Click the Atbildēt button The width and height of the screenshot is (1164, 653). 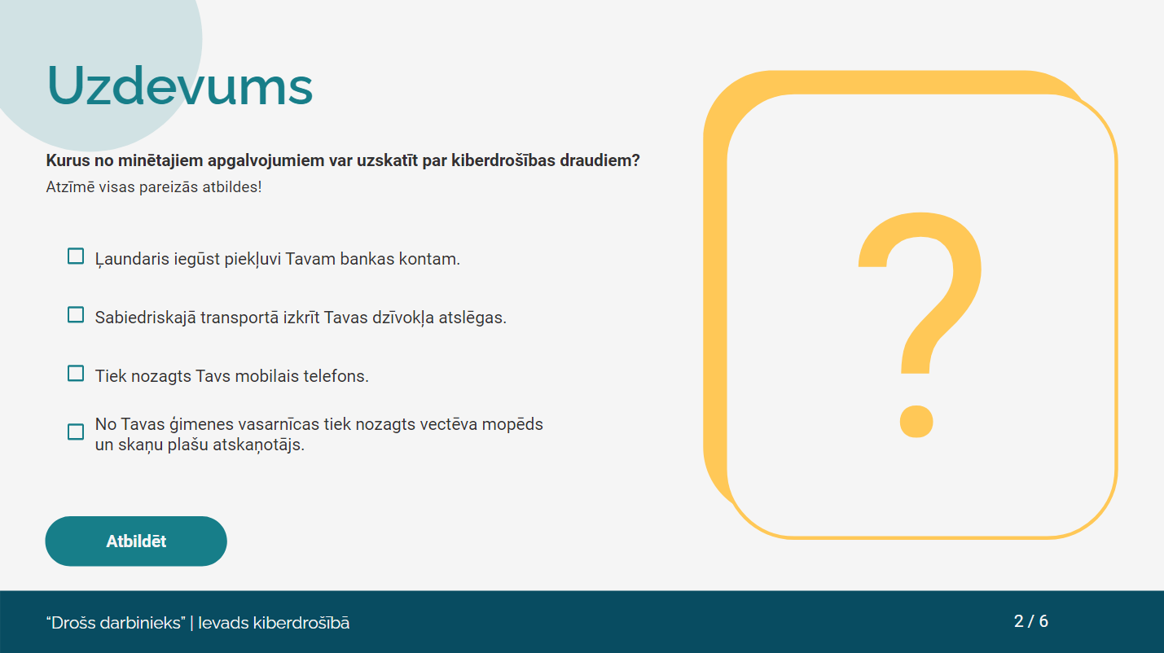tap(136, 541)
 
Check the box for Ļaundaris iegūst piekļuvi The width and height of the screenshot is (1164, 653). tap(76, 256)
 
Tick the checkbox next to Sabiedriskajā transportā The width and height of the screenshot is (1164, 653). tap(76, 315)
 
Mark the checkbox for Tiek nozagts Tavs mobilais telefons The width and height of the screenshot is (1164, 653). tap(76, 374)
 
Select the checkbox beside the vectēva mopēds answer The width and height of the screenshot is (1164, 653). tap(76, 432)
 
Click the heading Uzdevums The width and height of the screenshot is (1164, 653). tap(180, 85)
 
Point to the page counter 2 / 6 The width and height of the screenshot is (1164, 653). tap(1031, 621)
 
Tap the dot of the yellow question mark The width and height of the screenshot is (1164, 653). tap(916, 421)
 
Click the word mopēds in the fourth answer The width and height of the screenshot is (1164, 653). tap(512, 424)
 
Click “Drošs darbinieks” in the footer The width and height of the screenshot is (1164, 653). tap(116, 622)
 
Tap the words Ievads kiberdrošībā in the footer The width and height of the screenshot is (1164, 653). tap(274, 622)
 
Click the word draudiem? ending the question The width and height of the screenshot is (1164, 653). tap(600, 160)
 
